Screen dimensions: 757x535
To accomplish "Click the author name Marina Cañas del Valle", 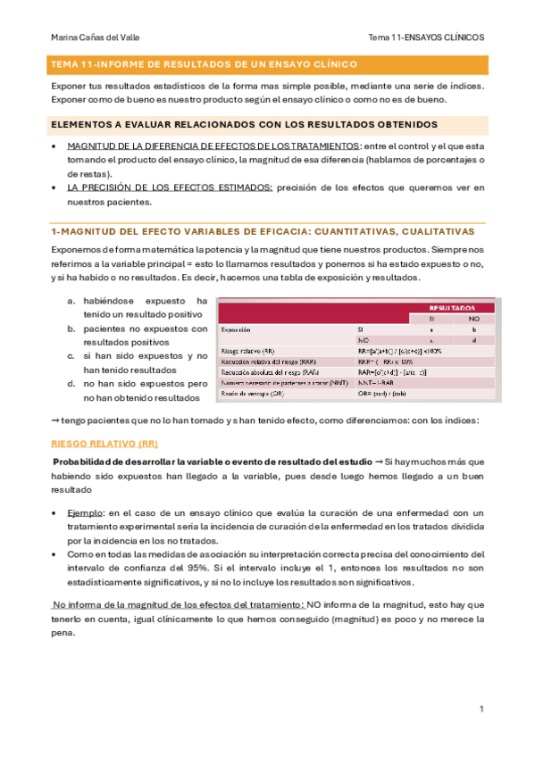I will point(96,37).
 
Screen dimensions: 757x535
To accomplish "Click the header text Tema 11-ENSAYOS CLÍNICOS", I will point(426,37).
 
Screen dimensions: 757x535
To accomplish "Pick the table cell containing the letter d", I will point(473,340).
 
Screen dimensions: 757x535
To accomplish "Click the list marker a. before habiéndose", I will point(71,301).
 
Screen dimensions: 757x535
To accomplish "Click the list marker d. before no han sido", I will point(71,384).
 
